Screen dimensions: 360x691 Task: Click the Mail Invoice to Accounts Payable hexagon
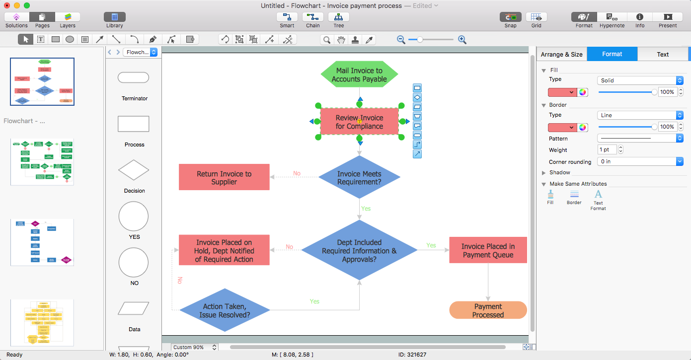pyautogui.click(x=359, y=75)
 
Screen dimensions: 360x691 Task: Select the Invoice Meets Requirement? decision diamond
pyautogui.click(x=359, y=178)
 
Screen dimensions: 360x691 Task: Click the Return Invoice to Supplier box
pyautogui.click(x=224, y=177)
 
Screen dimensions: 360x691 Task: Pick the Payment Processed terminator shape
pyautogui.click(x=488, y=310)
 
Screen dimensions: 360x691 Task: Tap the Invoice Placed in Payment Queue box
pyautogui.click(x=488, y=250)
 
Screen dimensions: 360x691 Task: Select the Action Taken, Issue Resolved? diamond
pyautogui.click(x=225, y=311)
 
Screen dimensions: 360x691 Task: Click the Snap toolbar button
pyautogui.click(x=510, y=20)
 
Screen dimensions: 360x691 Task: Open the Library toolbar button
pyautogui.click(x=114, y=20)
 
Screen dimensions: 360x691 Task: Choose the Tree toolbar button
pyautogui.click(x=338, y=20)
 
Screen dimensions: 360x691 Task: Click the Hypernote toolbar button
pyautogui.click(x=612, y=20)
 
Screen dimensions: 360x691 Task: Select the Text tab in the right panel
pyautogui.click(x=663, y=54)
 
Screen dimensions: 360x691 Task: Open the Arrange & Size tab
pyautogui.click(x=561, y=54)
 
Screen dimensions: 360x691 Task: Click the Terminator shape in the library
pyautogui.click(x=133, y=77)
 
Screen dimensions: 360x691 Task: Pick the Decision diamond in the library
pyautogui.click(x=133, y=170)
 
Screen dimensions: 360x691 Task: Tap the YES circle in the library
pyautogui.click(x=133, y=216)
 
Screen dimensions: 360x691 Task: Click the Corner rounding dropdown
pyautogui.click(x=640, y=161)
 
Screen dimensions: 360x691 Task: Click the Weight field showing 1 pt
pyautogui.click(x=607, y=149)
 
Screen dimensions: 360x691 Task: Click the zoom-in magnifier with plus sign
pyautogui.click(x=462, y=40)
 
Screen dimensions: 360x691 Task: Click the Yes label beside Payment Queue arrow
pyautogui.click(x=431, y=245)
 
